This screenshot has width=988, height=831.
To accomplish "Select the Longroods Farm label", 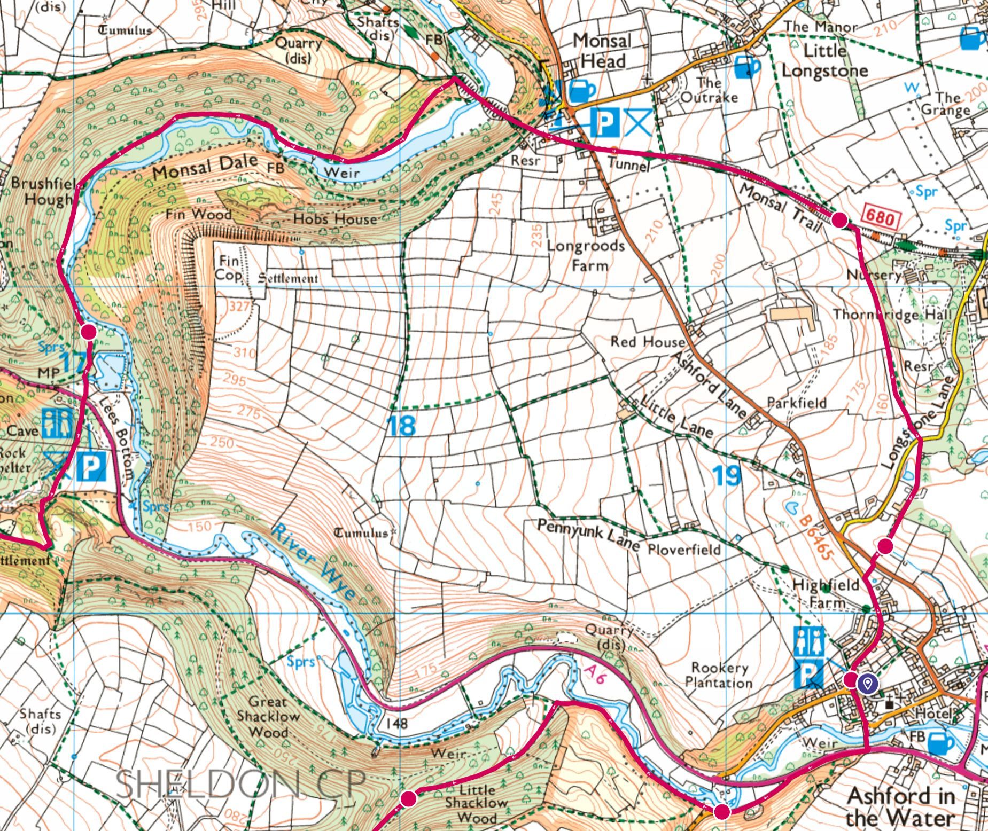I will pyautogui.click(x=586, y=255).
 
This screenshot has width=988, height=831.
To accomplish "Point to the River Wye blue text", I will pyautogui.click(x=314, y=561).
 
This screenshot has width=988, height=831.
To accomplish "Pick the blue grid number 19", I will pyautogui.click(x=727, y=475).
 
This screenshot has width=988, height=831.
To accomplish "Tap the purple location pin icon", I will pyautogui.click(x=868, y=683).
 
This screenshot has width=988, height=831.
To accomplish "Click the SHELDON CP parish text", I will pyautogui.click(x=240, y=784).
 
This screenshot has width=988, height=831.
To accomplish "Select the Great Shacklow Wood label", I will pyautogui.click(x=268, y=717).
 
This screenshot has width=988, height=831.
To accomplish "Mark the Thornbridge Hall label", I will pyautogui.click(x=892, y=315).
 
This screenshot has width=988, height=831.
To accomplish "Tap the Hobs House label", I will pyautogui.click(x=334, y=218).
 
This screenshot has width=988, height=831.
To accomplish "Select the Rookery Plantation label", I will pyautogui.click(x=719, y=675).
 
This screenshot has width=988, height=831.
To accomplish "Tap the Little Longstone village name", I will pyautogui.click(x=825, y=61).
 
